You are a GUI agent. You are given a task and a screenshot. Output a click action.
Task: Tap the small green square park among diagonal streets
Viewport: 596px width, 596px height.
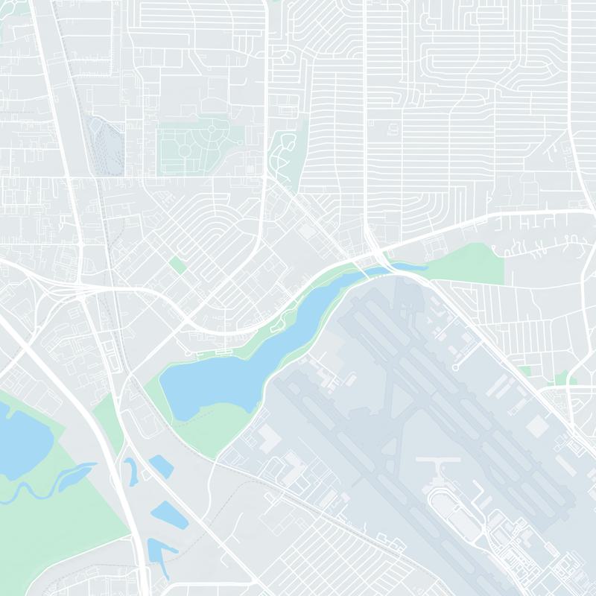pyautogui.click(x=177, y=264)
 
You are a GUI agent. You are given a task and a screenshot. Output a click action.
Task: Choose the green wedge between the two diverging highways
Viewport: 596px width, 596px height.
pyautogui.click(x=108, y=417)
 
